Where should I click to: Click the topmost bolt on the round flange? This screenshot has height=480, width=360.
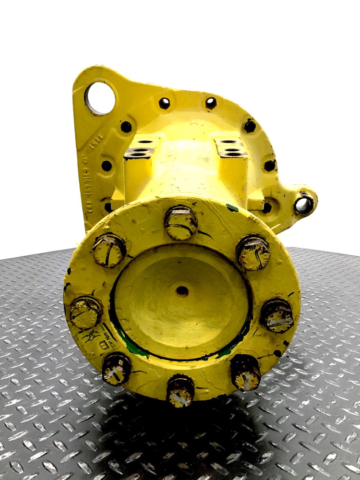(181, 222)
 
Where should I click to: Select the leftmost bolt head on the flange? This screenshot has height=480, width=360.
(85, 312)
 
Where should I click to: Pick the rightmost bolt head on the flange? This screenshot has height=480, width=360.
(277, 315)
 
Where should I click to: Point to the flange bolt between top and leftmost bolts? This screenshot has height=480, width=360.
(109, 250)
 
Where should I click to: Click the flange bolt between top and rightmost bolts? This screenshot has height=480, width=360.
(253, 252)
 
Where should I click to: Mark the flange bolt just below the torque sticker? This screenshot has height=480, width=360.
(116, 369)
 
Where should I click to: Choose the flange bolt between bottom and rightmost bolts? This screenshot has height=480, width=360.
(245, 372)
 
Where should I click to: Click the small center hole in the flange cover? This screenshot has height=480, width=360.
(182, 290)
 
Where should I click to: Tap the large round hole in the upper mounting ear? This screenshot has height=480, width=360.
(100, 98)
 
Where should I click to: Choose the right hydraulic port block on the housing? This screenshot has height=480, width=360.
(231, 149)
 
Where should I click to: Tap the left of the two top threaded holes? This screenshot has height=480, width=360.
(165, 103)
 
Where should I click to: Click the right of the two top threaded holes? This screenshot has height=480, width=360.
(211, 102)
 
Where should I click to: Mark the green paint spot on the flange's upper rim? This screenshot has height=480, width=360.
(233, 208)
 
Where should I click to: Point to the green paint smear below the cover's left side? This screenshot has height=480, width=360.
(134, 349)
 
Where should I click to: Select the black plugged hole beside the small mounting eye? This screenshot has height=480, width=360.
(267, 207)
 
